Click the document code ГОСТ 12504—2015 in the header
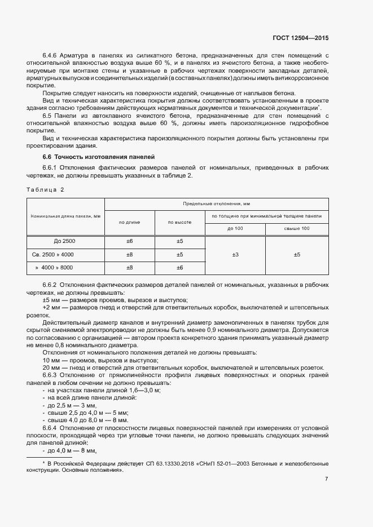click(x=297, y=38)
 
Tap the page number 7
click(x=326, y=479)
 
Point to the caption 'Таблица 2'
click(x=46, y=189)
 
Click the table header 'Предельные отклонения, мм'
click(x=216, y=203)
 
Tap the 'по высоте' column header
click(x=179, y=222)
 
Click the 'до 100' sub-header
click(x=235, y=228)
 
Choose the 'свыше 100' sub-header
click(x=297, y=228)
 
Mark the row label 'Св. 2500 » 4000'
click(x=57, y=254)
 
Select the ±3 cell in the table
click(x=235, y=255)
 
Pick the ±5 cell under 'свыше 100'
click(x=297, y=255)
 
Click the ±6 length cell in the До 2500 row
click(x=129, y=241)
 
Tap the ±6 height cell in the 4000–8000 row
click(x=179, y=268)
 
